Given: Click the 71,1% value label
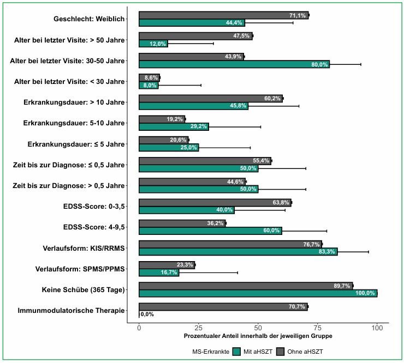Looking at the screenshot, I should coord(298,16).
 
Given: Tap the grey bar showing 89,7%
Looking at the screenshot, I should coord(246,286).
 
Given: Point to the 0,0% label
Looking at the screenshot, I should coord(147,314).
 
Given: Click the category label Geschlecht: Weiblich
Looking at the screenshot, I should coord(89,19).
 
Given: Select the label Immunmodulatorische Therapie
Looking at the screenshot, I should coord(71,311).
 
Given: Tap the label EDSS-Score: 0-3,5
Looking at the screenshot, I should coord(94,206).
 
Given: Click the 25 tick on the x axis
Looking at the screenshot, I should coord(199,328).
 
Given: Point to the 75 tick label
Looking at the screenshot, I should coord(318,328).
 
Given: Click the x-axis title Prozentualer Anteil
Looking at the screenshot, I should coord(258,336).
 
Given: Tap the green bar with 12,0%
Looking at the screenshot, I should coord(153,44).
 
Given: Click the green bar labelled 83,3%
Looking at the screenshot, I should coord(238,251).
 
